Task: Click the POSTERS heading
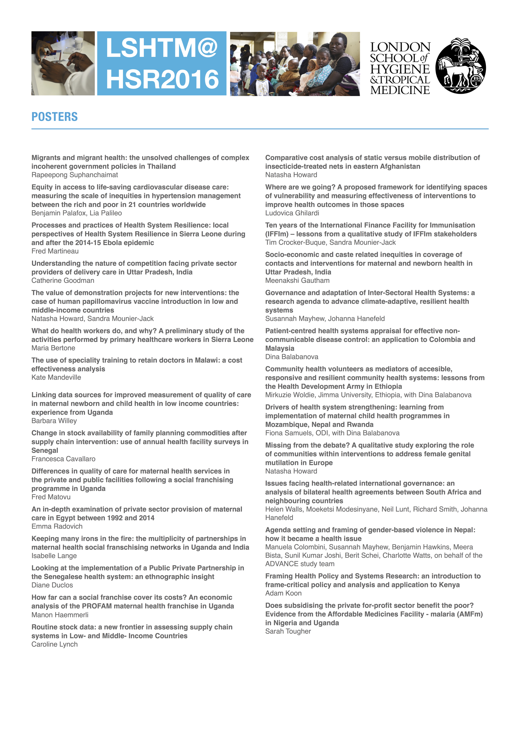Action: pyautogui.click(x=55, y=117)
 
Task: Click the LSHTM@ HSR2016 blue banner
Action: pyautogui.click(x=162, y=63)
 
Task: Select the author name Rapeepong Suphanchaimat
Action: pyautogui.click(x=75, y=175)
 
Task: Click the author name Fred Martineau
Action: pyautogui.click(x=55, y=251)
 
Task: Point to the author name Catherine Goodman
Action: pyautogui.click(x=63, y=280)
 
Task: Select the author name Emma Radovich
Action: pyautogui.click(x=57, y=526)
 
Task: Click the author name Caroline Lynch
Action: pyautogui.click(x=55, y=644)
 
